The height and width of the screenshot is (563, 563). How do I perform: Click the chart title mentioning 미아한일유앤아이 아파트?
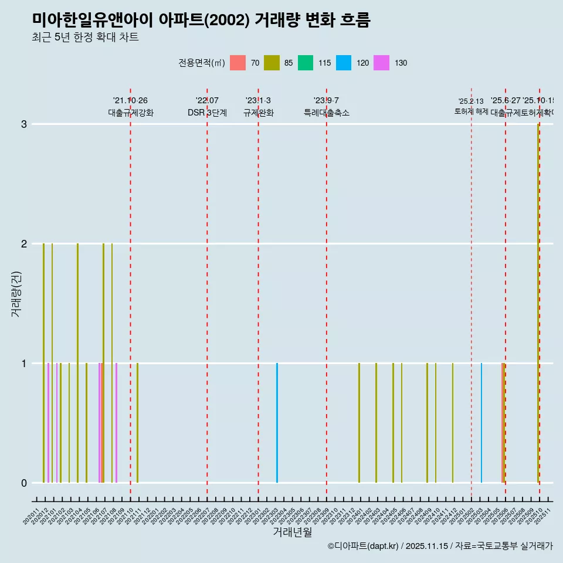tap(201, 20)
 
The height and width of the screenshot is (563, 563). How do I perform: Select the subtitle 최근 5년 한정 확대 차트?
tap(85, 38)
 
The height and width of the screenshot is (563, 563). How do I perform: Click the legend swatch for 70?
tap(238, 63)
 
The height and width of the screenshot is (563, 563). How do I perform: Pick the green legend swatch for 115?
tap(306, 63)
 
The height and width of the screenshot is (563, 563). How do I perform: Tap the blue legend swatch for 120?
tap(344, 63)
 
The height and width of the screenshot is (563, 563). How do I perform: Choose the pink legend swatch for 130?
tap(381, 63)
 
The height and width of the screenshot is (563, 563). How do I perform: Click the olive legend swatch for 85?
tap(272, 63)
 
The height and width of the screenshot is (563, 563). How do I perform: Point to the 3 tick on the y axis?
tap(24, 124)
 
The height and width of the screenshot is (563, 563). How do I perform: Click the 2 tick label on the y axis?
tap(24, 244)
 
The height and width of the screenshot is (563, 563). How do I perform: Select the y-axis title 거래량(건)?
tap(16, 294)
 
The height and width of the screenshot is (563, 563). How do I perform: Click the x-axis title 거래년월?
tap(292, 532)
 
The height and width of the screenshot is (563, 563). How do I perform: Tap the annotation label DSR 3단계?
tap(207, 113)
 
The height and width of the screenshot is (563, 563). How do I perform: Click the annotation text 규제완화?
tap(258, 113)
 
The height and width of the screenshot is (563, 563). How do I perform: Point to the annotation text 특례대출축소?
tap(326, 113)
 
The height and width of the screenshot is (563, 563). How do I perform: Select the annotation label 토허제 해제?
tap(471, 111)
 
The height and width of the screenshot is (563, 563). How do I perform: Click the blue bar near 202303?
tap(277, 423)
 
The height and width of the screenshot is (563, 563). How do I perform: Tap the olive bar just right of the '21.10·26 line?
tap(137, 423)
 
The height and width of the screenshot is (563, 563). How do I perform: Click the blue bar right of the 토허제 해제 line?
tap(481, 423)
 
